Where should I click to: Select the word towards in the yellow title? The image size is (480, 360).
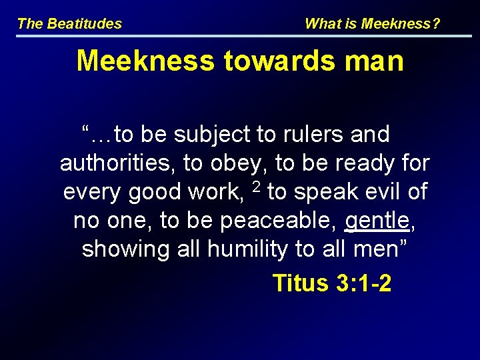click(273, 61)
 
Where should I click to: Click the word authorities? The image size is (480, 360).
click(113, 163)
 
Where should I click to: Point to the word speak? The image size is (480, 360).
click(325, 193)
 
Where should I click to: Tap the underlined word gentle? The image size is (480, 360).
click(377, 221)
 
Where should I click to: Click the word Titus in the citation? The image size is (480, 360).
click(301, 283)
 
